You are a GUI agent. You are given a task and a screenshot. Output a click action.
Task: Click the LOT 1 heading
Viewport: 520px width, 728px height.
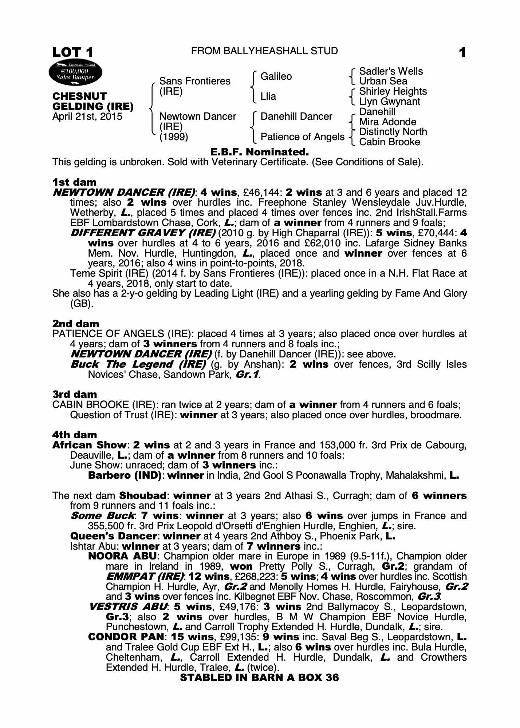73,52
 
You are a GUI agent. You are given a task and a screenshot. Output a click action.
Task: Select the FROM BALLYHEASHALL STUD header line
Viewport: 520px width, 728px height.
264,51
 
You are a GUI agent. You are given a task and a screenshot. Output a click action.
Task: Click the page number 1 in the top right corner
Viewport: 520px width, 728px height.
462,53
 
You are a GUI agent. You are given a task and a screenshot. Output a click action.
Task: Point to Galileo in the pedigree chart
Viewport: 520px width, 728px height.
276,76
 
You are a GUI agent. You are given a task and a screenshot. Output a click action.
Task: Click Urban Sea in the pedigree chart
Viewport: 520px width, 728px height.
383,81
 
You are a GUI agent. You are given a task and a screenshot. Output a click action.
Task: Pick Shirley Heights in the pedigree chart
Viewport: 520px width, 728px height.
393,91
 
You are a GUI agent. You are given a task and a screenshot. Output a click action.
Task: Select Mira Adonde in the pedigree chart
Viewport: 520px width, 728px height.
387,122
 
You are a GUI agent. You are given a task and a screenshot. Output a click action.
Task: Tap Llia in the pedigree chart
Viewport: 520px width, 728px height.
268,96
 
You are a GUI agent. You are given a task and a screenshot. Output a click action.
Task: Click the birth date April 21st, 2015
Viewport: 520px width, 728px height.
87,117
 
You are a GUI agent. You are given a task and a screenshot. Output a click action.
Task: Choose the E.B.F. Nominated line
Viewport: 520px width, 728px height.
260,152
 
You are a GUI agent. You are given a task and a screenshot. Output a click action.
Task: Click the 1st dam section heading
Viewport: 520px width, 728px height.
74,182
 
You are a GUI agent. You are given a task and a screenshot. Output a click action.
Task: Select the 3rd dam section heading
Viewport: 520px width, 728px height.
75,395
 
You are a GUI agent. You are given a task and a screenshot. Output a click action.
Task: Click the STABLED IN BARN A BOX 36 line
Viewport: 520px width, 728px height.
259,677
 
